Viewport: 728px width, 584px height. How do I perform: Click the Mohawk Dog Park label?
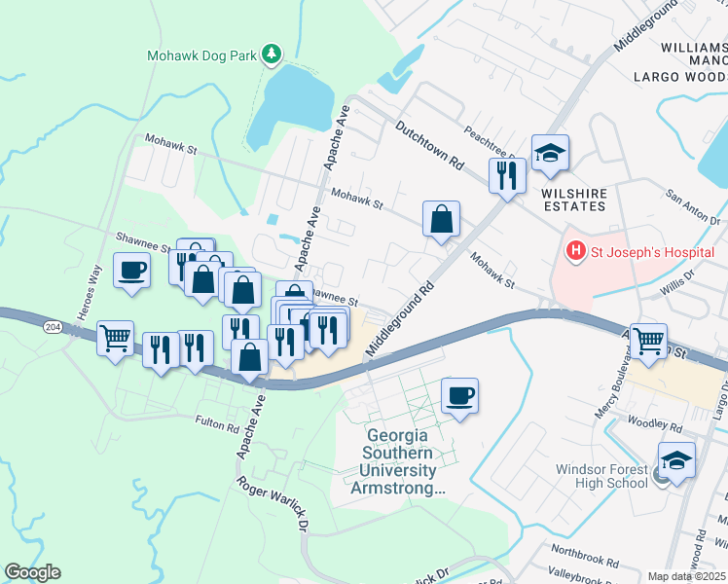click(201, 55)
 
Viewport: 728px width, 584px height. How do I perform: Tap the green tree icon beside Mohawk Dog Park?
click(273, 55)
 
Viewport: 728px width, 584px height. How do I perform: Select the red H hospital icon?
click(576, 252)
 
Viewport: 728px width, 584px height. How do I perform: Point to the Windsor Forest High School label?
click(601, 476)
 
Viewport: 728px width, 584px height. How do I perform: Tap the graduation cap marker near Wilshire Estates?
click(550, 153)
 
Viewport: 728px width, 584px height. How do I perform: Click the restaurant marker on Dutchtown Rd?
click(507, 175)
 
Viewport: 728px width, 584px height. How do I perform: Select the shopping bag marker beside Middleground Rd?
click(442, 218)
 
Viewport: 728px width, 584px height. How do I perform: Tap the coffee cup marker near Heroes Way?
click(131, 270)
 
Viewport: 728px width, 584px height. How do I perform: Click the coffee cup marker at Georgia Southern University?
click(460, 395)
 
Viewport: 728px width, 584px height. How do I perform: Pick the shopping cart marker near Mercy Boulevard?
click(648, 341)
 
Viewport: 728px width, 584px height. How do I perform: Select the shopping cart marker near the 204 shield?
click(116, 339)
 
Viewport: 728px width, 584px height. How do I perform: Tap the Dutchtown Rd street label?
click(429, 147)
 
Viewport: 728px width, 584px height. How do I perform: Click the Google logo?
click(32, 572)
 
